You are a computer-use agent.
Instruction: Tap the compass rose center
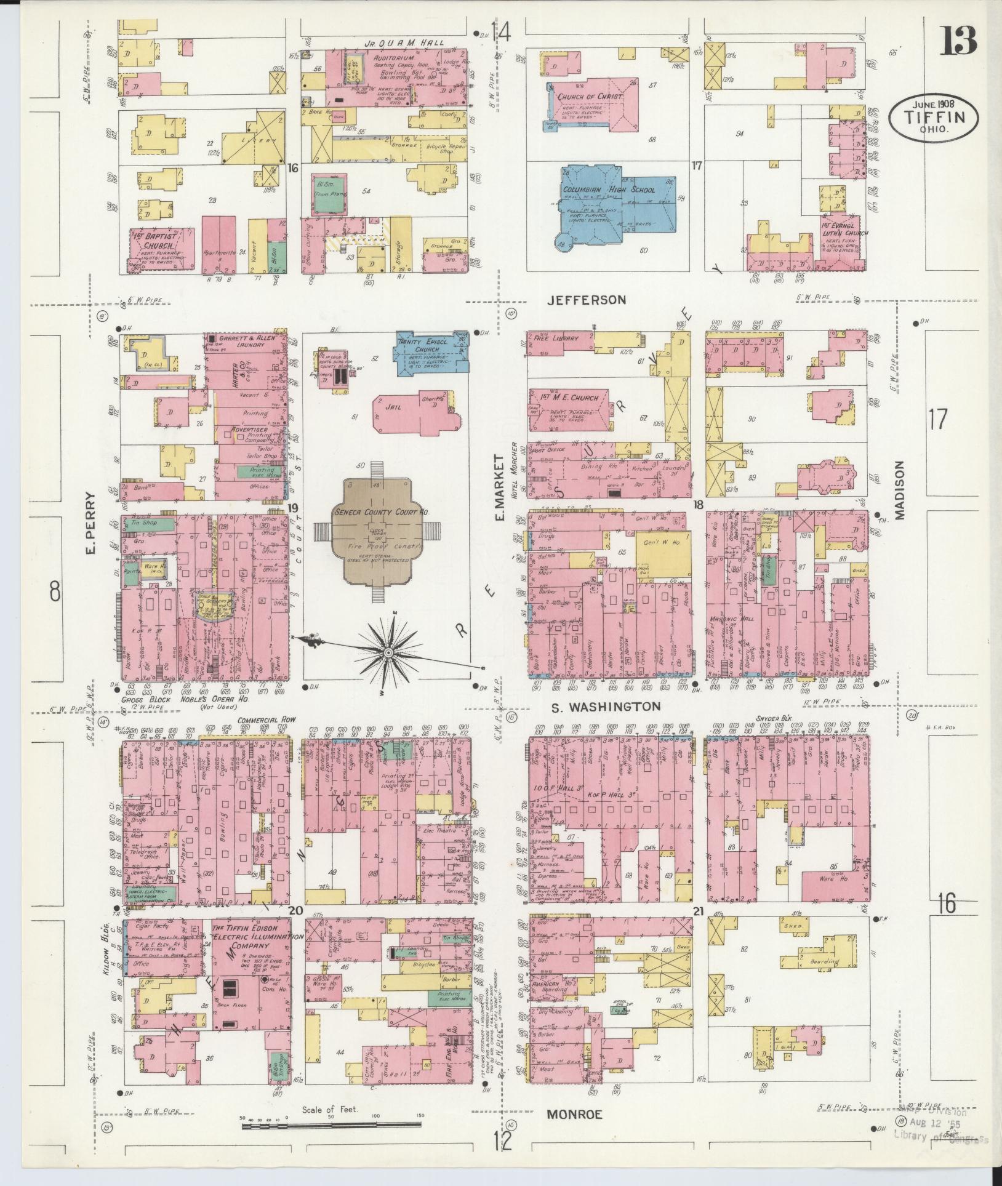tap(388, 652)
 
